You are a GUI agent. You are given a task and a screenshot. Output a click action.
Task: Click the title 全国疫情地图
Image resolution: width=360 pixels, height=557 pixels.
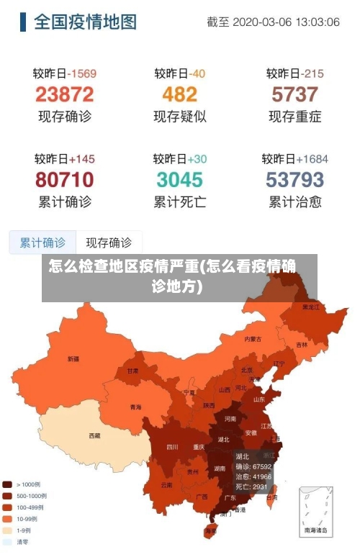pos(84,22)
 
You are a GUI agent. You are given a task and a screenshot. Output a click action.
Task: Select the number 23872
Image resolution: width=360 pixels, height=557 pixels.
pos(65,94)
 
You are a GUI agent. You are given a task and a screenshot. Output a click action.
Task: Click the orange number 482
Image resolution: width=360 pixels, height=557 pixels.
pos(179,94)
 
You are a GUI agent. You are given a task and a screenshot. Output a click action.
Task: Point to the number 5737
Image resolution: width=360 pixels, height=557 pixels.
pos(294,94)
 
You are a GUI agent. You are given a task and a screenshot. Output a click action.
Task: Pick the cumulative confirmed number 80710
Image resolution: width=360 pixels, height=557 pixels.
pos(65,179)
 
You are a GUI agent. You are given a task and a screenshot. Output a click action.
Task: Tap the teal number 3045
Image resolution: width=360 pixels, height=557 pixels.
pos(179,179)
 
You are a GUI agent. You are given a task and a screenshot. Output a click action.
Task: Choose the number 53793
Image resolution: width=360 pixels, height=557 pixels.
pos(294,179)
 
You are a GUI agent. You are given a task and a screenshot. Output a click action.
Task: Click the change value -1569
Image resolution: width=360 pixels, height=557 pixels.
pos(81,73)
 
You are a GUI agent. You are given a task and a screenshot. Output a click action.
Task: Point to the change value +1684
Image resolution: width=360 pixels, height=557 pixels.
pos(311,159)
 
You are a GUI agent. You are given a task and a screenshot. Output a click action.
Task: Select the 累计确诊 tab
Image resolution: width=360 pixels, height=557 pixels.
pos(42,243)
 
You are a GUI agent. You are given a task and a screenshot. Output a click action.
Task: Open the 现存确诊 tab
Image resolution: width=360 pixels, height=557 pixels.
pos(109,243)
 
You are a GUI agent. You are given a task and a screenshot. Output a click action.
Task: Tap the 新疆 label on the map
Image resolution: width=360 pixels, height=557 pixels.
pos(73,358)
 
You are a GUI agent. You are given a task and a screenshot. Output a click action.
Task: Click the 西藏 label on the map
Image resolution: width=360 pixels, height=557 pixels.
pos(94,435)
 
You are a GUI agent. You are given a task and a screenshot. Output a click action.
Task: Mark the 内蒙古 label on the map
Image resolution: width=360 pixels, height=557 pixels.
pos(253,338)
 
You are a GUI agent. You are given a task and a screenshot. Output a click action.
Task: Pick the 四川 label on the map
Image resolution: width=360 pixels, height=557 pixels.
pos(172,446)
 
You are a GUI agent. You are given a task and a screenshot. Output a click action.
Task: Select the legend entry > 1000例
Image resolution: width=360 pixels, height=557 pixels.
pos(27,484)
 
